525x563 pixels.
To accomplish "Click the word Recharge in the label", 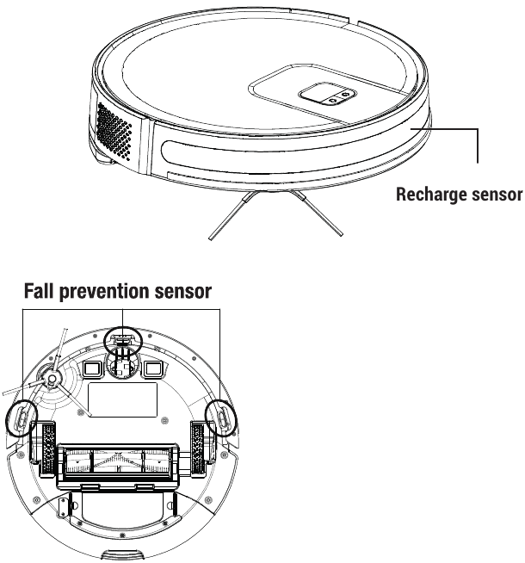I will point(427,194).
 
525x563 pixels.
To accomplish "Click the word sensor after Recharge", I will point(493,194).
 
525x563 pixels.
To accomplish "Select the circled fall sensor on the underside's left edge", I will point(22,416).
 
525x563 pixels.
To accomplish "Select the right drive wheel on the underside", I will point(199,447).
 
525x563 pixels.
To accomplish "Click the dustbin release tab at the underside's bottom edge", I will point(120,553).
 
